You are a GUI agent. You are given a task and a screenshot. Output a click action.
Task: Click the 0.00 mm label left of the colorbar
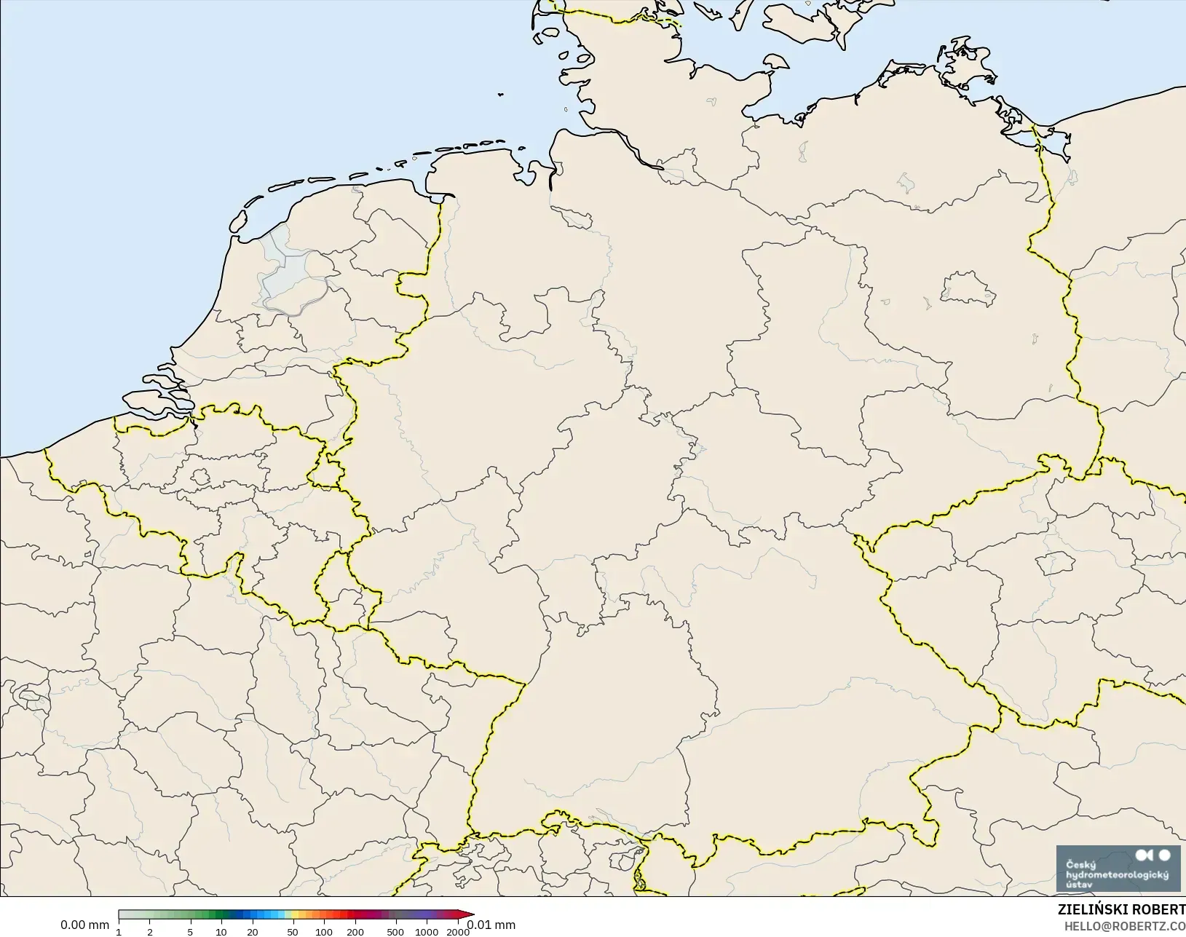point(84,925)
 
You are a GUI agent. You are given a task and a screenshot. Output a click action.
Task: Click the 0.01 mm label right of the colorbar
point(491,925)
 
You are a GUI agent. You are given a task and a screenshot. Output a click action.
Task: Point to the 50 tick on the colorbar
point(292,932)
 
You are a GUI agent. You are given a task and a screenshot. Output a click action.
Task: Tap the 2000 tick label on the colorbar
point(457,932)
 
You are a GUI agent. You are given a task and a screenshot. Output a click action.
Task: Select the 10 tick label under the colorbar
point(221,932)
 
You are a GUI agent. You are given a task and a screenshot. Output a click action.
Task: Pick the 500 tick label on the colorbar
point(395,932)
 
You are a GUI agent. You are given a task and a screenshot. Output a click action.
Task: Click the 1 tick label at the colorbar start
point(119,932)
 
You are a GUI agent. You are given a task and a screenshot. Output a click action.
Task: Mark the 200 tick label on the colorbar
point(355,932)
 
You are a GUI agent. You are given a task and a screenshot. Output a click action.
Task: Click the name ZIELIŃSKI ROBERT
point(1121,910)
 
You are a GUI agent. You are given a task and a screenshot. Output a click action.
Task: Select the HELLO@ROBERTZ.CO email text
point(1125,926)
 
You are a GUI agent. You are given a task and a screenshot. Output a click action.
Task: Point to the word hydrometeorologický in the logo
point(1116,874)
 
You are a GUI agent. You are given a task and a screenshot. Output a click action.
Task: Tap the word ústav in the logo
point(1078,885)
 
